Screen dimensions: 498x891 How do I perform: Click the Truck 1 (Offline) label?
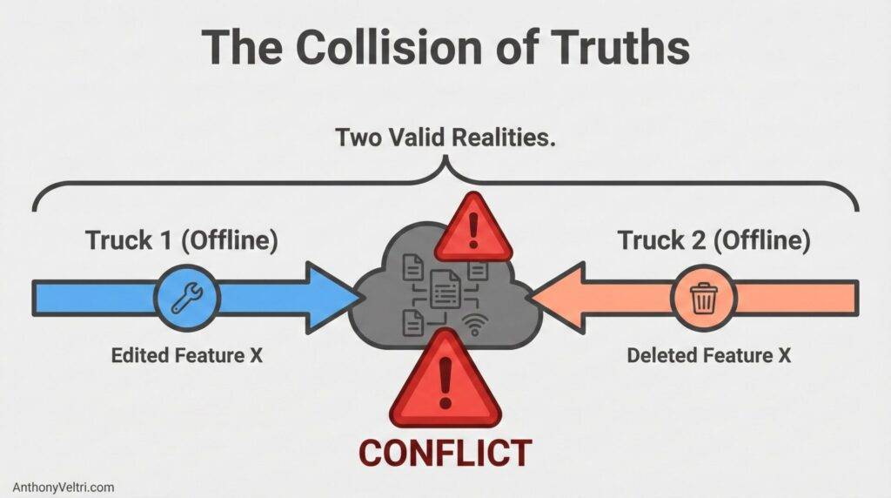(182, 241)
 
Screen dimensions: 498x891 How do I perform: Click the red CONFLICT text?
(445, 453)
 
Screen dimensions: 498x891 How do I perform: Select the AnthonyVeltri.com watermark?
(64, 487)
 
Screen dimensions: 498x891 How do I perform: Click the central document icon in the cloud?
(445, 286)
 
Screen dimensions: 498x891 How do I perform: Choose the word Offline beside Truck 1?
(234, 241)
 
